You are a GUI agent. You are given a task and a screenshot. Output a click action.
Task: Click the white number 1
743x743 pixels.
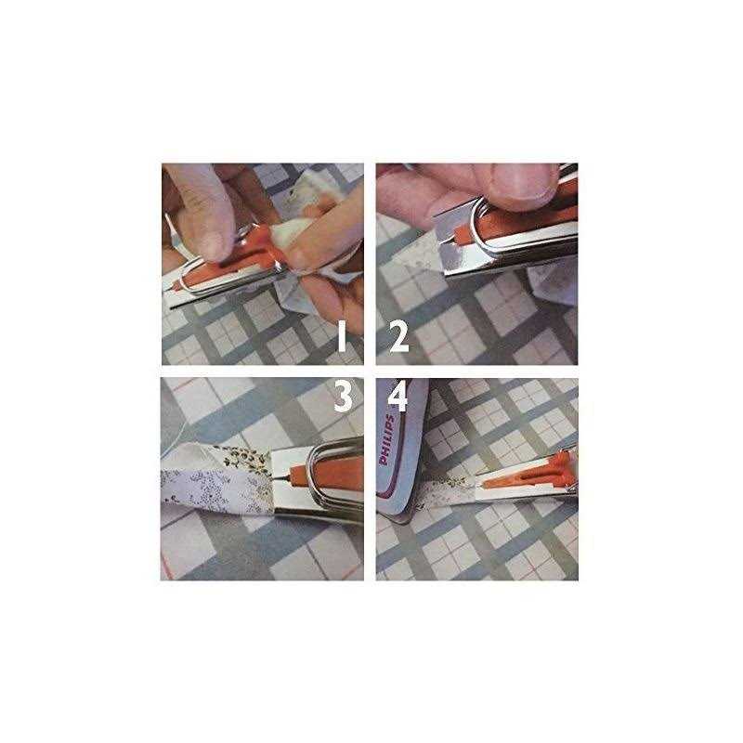pos(342,336)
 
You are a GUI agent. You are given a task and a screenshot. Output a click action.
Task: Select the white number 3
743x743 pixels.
pos(344,398)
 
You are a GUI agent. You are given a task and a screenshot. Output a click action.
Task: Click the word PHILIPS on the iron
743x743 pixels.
pos(386,439)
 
